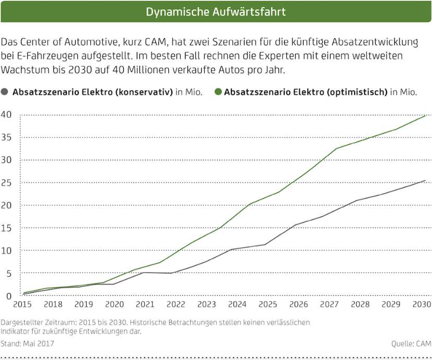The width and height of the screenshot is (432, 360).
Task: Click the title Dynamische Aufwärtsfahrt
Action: [x=216, y=11]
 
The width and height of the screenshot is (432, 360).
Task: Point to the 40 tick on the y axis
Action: [x=7, y=115]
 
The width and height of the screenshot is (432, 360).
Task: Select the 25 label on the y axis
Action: [x=7, y=183]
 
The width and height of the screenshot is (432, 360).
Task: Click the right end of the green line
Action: [x=426, y=115]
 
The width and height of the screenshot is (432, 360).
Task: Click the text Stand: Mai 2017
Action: [x=27, y=344]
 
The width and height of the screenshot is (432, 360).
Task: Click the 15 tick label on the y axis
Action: [x=7, y=228]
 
